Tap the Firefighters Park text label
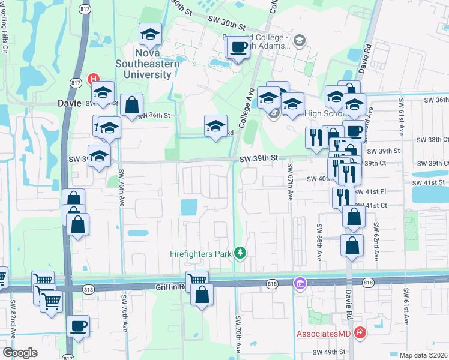[200, 254]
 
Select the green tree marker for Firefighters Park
[240, 253]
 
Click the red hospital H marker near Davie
[93, 79]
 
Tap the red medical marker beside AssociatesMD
[360, 332]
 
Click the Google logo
[20, 352]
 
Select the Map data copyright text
[424, 355]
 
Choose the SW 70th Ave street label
[238, 333]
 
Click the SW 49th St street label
[330, 352]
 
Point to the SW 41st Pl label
[371, 192]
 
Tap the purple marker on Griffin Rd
[299, 283]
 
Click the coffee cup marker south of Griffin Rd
[78, 326]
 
